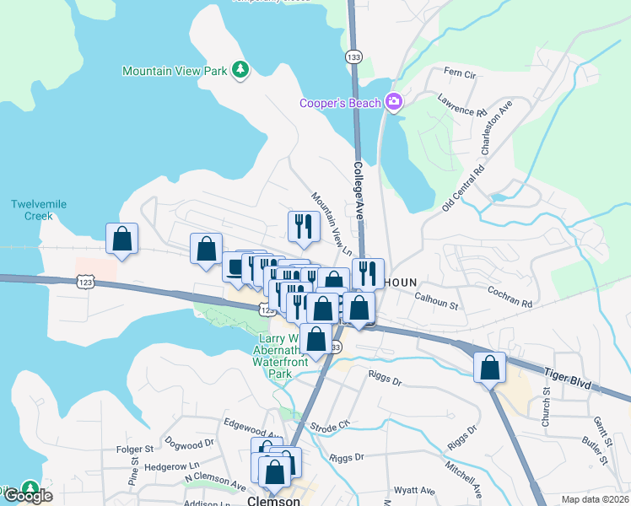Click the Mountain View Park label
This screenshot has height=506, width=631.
click(175, 71)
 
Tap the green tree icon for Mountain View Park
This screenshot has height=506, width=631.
click(241, 70)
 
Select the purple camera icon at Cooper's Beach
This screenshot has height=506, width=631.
click(393, 102)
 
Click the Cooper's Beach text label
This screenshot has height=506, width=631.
click(340, 103)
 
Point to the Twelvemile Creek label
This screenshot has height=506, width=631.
click(39, 210)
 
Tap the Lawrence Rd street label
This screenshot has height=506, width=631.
click(462, 106)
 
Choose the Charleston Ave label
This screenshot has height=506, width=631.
click(497, 127)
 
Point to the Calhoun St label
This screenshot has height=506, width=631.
click(435, 300)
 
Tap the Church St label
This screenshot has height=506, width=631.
click(546, 406)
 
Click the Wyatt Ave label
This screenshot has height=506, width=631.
click(415, 489)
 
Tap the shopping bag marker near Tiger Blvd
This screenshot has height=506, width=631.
click(489, 367)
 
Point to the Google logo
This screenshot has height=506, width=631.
click(28, 496)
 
